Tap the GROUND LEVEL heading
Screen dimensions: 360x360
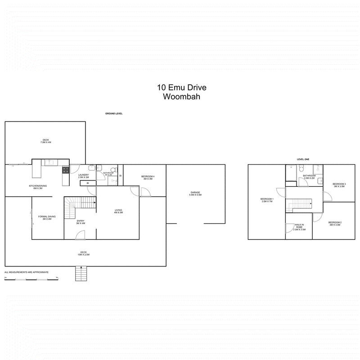point(114,114)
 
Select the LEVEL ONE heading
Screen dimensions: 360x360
point(304,159)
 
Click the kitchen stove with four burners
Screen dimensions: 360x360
point(65,170)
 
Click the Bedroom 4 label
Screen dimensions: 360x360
point(148,177)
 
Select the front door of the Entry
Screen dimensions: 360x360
point(80,235)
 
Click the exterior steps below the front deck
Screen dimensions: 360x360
point(80,273)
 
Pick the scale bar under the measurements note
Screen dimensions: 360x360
point(31,279)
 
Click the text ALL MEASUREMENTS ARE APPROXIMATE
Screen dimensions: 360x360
point(26,272)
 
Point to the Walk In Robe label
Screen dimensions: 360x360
point(299,227)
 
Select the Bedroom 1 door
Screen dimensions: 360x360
point(280,193)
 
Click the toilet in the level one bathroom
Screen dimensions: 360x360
point(319,181)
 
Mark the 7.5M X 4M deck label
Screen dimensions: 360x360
point(45,141)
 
